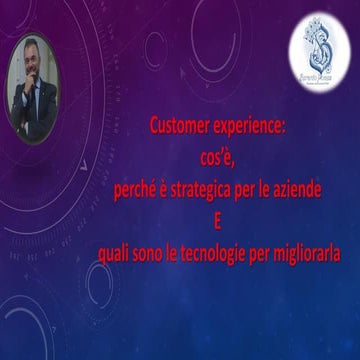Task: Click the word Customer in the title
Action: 177,127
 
